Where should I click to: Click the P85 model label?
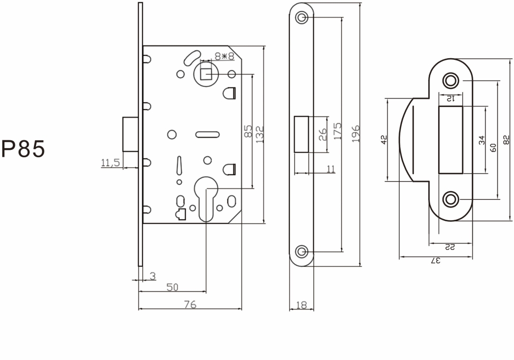pyautogui.click(x=23, y=150)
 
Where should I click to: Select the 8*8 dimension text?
pyautogui.click(x=225, y=56)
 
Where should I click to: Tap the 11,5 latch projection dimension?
pyautogui.click(x=110, y=163)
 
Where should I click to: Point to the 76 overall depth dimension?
pyautogui.click(x=190, y=304)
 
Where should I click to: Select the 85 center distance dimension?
pyautogui.click(x=248, y=131)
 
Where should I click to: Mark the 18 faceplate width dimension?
pyautogui.click(x=302, y=305)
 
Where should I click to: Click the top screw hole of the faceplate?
pyautogui.click(x=302, y=17)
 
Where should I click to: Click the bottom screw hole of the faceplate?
pyautogui.click(x=302, y=251)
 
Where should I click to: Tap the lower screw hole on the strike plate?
pyautogui.click(x=451, y=199)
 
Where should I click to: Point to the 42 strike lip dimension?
pyautogui.click(x=384, y=140)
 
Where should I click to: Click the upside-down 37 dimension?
pyautogui.click(x=436, y=260)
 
